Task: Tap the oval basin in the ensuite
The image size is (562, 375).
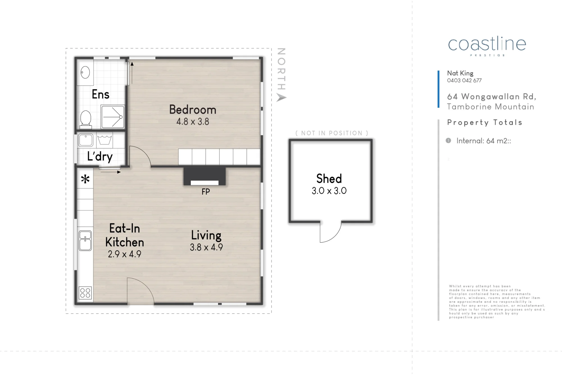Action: click(85, 72)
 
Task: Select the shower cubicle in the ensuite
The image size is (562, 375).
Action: click(113, 117)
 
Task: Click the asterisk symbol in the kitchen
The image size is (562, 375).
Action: click(85, 179)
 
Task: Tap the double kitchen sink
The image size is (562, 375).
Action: click(85, 241)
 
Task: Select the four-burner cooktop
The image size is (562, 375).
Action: click(85, 293)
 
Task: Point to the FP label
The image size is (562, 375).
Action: click(206, 192)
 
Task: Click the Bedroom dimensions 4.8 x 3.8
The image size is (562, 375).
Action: click(193, 122)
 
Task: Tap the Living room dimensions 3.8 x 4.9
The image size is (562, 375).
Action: click(207, 247)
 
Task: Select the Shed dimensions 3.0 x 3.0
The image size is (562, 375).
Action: click(329, 191)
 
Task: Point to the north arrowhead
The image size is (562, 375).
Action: click(281, 98)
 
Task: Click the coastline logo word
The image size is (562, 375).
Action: click(487, 44)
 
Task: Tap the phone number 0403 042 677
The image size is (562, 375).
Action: click(464, 80)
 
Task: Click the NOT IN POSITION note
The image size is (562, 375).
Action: click(332, 133)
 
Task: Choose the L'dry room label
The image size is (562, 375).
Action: click(100, 156)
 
